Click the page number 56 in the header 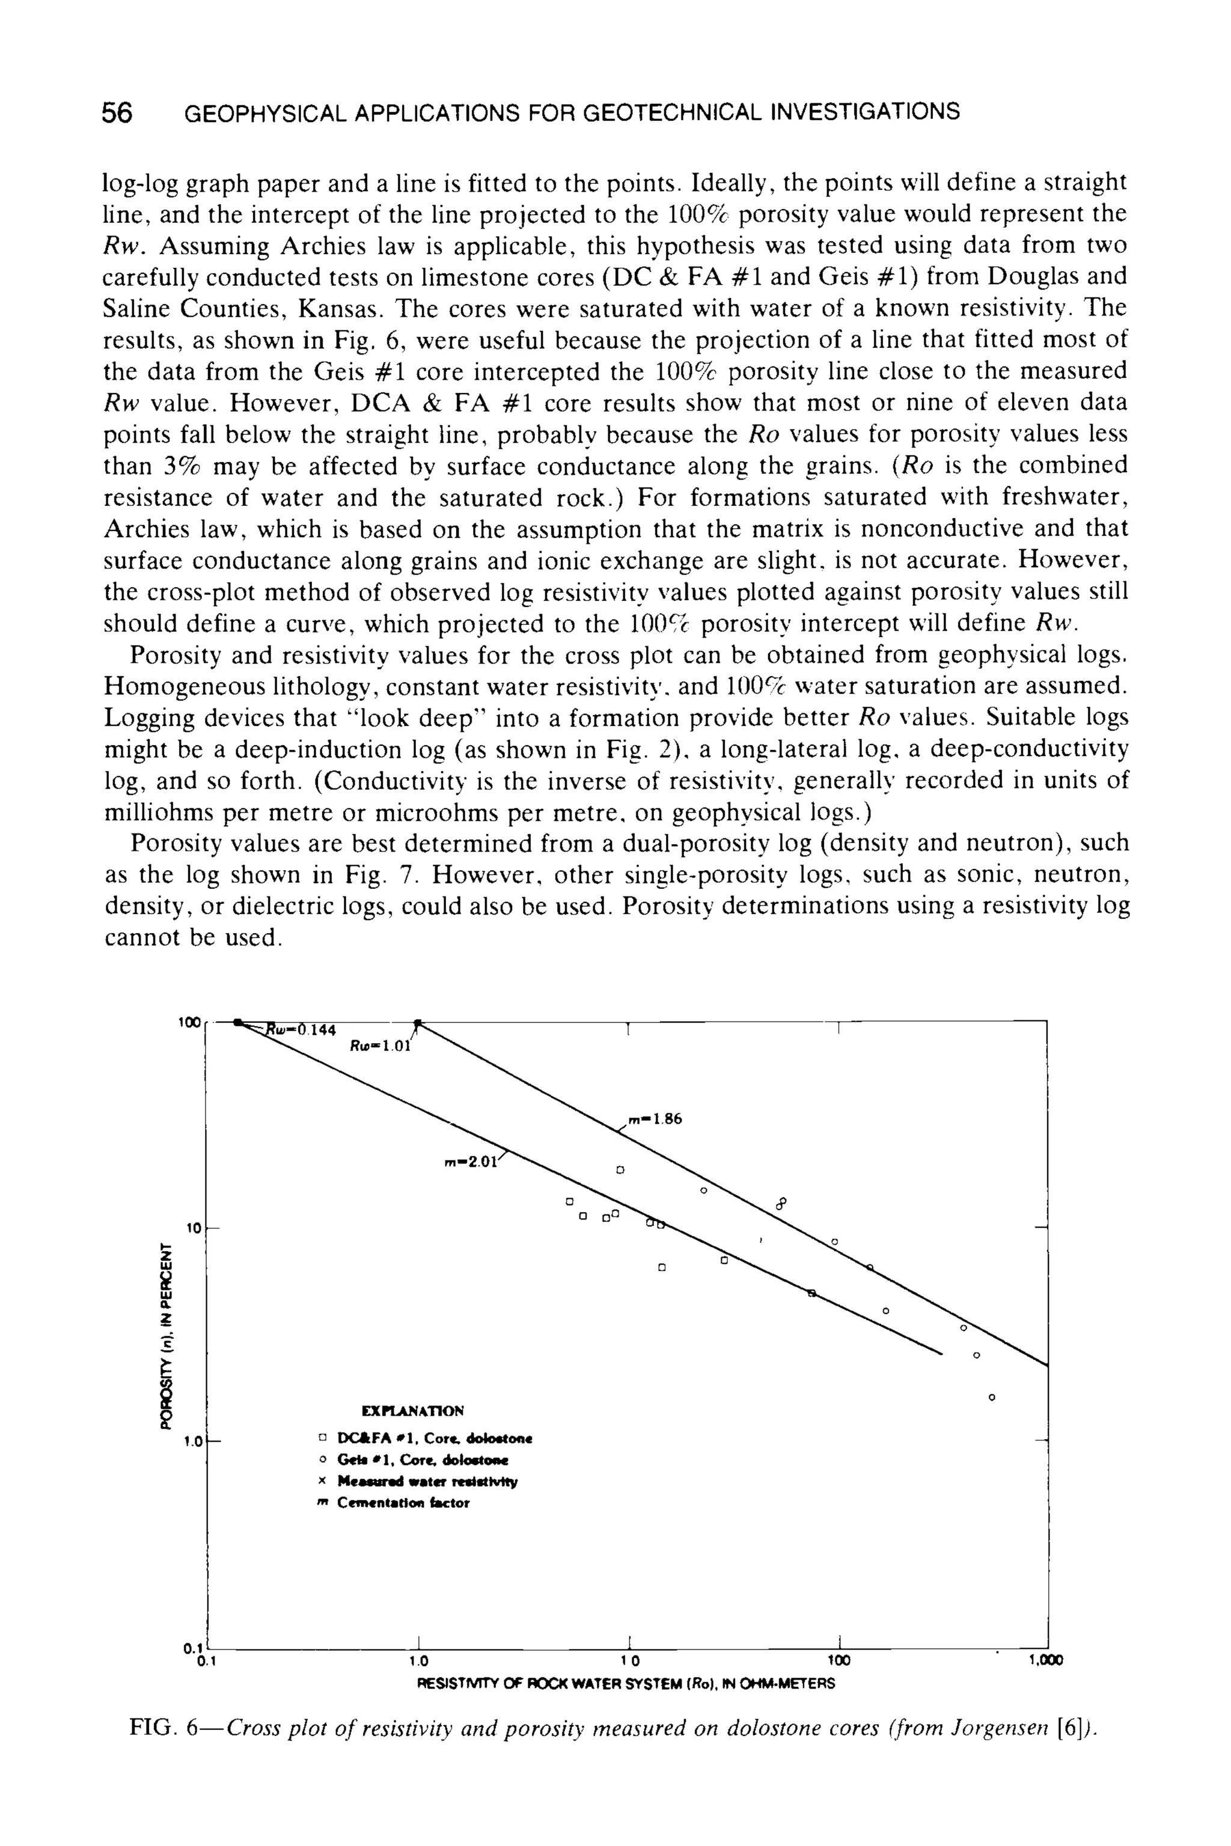pos(117,113)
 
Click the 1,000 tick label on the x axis pos(1045,1661)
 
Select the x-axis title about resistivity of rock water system pos(626,1684)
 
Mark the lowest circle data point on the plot pos(992,1398)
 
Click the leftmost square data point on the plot pos(571,1202)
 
